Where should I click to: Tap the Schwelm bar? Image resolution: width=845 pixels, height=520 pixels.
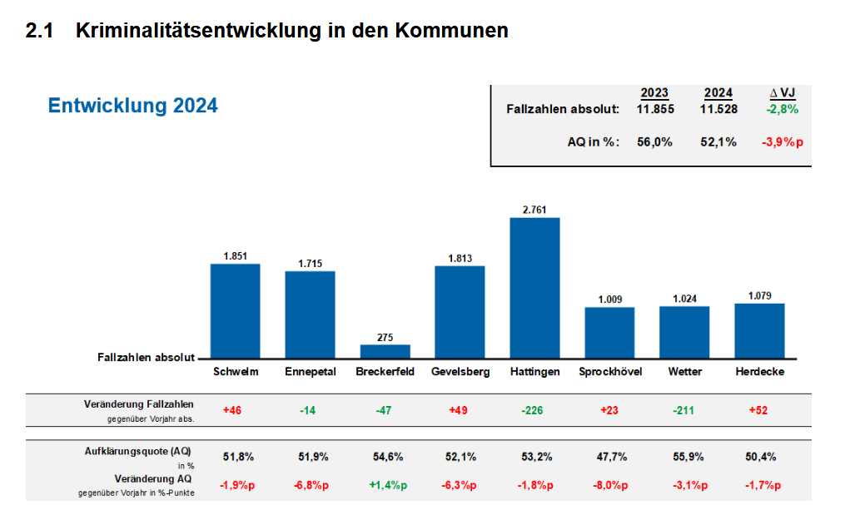click(235, 310)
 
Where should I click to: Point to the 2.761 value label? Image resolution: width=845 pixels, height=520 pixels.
click(534, 210)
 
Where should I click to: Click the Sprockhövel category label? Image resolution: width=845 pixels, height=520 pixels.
click(610, 372)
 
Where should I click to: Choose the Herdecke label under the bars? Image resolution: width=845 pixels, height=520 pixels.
click(759, 372)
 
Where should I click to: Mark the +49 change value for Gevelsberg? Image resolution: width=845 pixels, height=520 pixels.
click(460, 410)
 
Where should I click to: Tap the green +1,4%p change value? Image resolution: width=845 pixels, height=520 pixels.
click(385, 485)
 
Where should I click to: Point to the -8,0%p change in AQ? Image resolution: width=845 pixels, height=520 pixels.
click(610, 485)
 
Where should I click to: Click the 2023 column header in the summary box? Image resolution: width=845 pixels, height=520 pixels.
click(654, 93)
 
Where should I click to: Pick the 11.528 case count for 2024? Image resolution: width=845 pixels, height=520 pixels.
click(718, 109)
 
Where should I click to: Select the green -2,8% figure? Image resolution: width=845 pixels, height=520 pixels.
click(783, 109)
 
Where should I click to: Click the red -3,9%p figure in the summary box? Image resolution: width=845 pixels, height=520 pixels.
click(783, 142)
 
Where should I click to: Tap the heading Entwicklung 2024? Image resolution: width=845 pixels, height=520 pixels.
click(132, 106)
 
